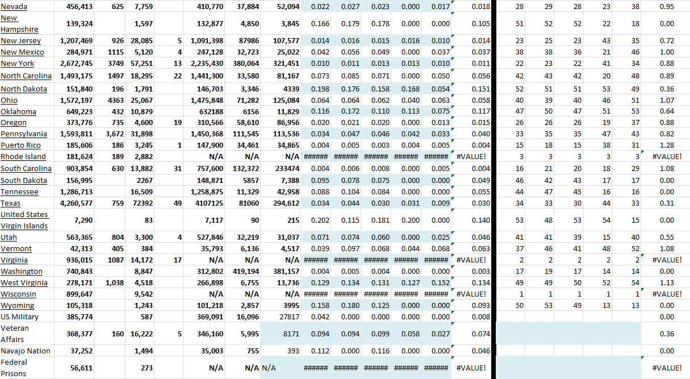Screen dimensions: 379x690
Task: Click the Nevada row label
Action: click(x=14, y=6)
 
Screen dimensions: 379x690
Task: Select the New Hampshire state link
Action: click(x=19, y=23)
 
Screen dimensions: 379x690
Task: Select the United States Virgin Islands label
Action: click(x=24, y=220)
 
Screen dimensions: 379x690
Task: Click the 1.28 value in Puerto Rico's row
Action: click(x=667, y=145)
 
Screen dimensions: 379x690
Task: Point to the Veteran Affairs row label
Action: click(x=15, y=334)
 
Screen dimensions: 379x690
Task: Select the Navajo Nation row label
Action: click(x=26, y=351)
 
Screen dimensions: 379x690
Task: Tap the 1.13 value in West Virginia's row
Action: click(x=667, y=283)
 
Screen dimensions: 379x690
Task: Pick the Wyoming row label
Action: click(x=17, y=306)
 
